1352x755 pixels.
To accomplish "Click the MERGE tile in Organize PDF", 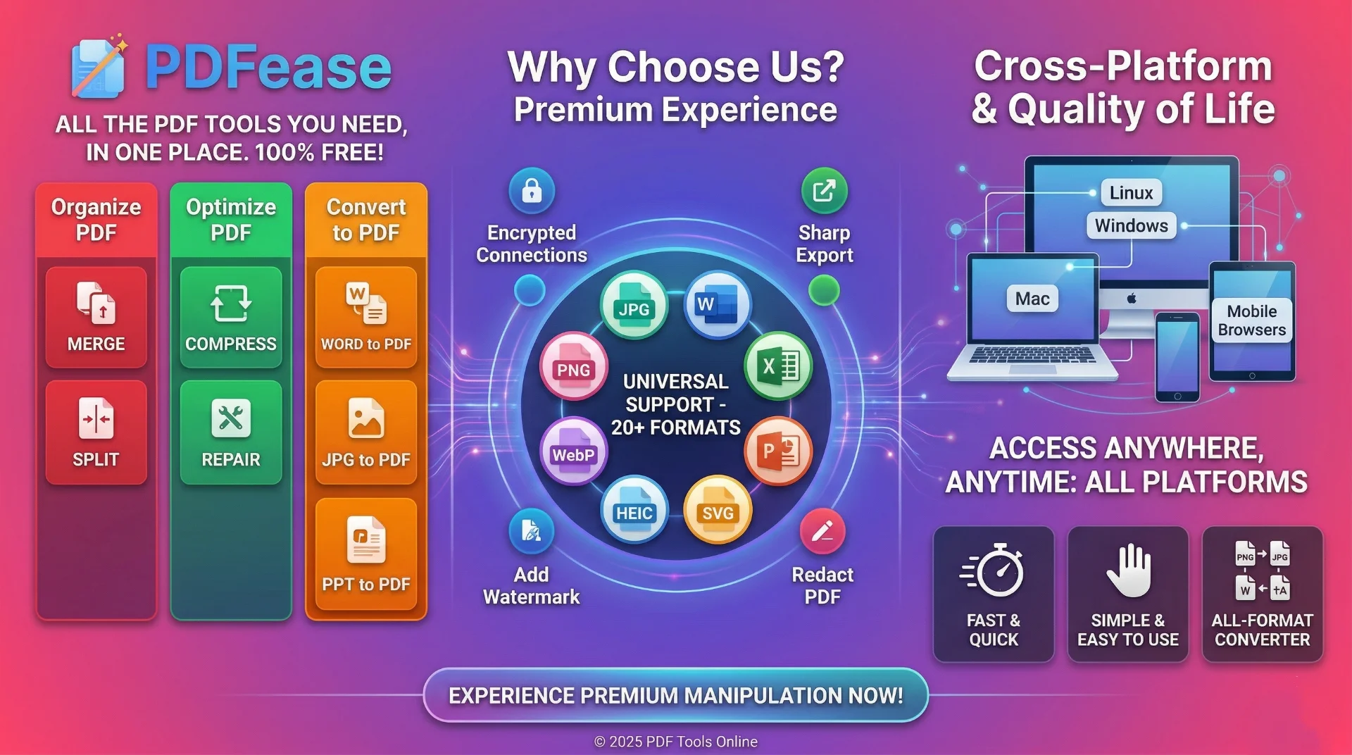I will tap(96, 317).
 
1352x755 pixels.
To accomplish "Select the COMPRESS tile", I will tap(231, 317).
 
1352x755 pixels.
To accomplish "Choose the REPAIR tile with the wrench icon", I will tap(231, 432).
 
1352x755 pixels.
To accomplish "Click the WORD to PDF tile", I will tap(366, 317).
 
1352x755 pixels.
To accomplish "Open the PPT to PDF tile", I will tap(366, 554).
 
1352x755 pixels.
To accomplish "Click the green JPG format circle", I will tap(634, 305).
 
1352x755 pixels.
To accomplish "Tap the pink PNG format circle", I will tap(574, 366).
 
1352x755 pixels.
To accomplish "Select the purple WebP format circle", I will tap(574, 451).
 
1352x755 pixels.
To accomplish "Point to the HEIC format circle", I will tap(634, 509).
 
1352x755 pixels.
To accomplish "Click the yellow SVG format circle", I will tap(718, 509).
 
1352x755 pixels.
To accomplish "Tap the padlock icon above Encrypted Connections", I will tap(532, 190).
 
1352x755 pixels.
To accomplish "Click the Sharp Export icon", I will tap(824, 190).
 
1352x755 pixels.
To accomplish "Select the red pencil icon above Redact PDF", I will tap(822, 531).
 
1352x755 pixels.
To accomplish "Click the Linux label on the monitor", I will tap(1131, 192).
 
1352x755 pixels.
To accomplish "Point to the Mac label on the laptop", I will tap(1032, 299).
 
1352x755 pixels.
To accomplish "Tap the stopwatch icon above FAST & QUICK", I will tap(994, 570).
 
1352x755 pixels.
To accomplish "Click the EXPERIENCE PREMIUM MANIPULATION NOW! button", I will tap(676, 695).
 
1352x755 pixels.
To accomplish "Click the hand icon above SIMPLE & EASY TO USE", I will tap(1128, 570).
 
